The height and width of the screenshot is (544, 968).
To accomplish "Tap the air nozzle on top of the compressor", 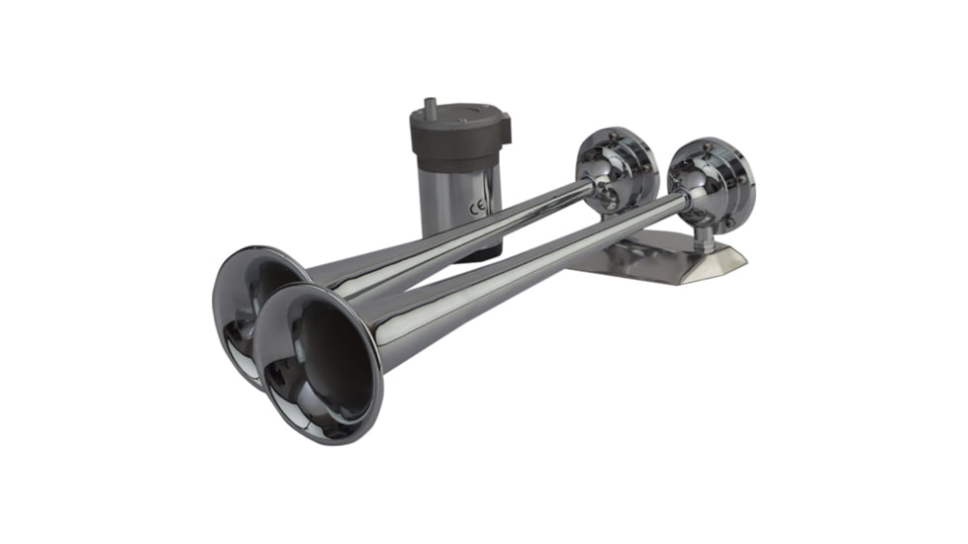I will pyautogui.click(x=433, y=106).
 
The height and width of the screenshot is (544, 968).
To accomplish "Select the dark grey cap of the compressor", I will pyautogui.click(x=459, y=135).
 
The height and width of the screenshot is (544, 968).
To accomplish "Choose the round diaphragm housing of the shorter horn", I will pyautogui.click(x=619, y=168).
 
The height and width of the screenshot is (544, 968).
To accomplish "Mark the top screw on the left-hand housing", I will pyautogui.click(x=615, y=135).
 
